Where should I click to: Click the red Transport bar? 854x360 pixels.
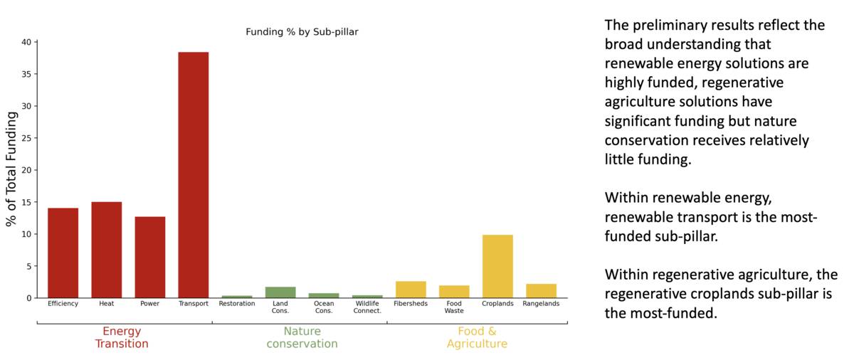[193, 175]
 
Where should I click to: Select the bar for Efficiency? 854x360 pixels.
[63, 253]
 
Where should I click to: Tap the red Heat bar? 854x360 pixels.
[106, 250]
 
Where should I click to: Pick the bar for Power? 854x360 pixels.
[150, 257]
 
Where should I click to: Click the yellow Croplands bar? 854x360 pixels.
[497, 266]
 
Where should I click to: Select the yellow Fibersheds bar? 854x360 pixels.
[411, 290]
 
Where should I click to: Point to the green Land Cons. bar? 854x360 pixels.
[280, 292]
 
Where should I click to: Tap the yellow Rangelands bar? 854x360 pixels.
[541, 291]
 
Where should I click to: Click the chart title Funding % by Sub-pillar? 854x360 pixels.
[302, 32]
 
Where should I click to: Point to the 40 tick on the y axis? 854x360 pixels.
[26, 42]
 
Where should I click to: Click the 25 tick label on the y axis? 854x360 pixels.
[26, 138]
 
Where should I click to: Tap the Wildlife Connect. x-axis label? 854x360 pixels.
[367, 307]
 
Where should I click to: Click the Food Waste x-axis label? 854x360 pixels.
[454, 307]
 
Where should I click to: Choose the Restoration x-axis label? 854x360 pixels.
[237, 304]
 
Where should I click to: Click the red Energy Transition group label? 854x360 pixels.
[122, 337]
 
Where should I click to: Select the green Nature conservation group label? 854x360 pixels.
[302, 337]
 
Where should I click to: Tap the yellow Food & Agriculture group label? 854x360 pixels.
[477, 337]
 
